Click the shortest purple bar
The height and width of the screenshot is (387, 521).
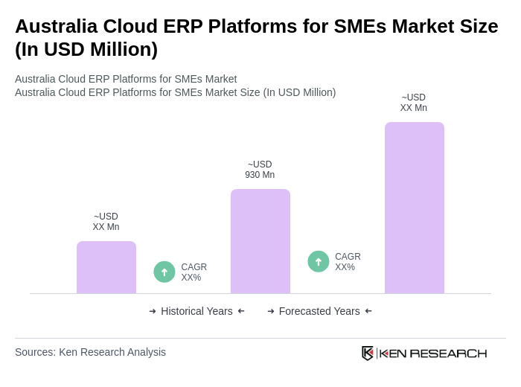click(x=106, y=267)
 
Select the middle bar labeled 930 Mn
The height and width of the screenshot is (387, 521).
click(x=260, y=241)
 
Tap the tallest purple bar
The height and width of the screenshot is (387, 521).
click(x=415, y=208)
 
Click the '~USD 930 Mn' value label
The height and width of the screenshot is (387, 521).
click(x=260, y=170)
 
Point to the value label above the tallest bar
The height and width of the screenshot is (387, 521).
click(x=414, y=103)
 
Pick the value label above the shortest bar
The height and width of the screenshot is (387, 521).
click(x=106, y=222)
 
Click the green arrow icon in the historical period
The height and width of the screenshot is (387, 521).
click(x=164, y=272)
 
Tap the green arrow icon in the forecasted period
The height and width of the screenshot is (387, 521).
click(x=319, y=261)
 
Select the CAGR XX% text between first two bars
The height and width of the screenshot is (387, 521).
click(x=194, y=272)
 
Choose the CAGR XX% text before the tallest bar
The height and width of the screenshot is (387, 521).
click(x=348, y=262)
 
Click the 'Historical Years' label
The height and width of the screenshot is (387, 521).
click(x=196, y=311)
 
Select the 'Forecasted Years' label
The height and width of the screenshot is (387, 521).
click(x=319, y=311)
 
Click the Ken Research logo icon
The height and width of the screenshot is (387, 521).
click(x=368, y=353)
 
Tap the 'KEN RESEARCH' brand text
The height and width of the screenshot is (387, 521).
click(x=433, y=354)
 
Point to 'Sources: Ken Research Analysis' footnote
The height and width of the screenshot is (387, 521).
click(x=90, y=352)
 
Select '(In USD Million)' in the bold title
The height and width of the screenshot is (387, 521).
click(x=86, y=49)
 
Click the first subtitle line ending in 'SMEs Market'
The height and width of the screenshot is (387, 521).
click(x=126, y=79)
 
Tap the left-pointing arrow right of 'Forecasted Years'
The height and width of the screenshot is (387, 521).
click(x=368, y=311)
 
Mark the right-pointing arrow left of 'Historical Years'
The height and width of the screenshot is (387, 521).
click(x=153, y=311)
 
